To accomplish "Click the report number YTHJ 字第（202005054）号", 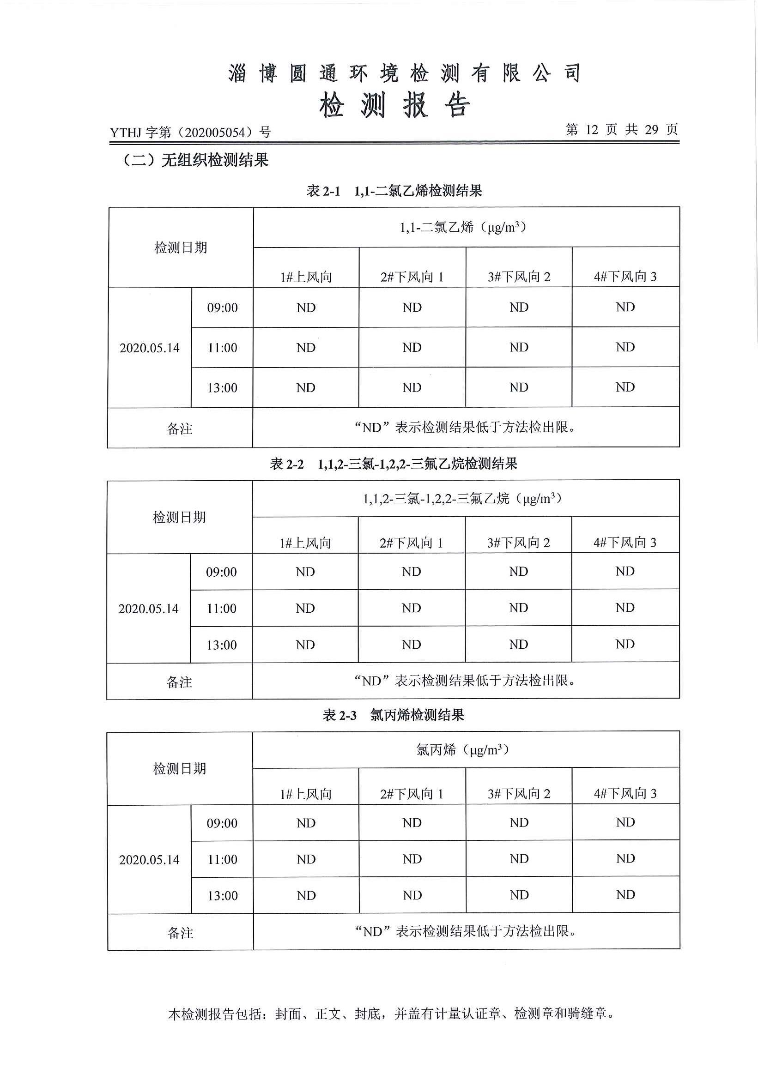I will [190, 133].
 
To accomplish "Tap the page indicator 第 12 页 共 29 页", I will [621, 129].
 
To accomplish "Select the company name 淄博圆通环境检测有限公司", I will [405, 73].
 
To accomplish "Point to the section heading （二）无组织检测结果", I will [196, 160].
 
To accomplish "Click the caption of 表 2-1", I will [394, 191].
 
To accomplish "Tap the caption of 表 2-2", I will [393, 464].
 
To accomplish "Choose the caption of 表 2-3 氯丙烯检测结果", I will [393, 715].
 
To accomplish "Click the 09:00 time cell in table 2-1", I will [222, 308].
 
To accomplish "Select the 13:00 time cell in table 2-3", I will [223, 896].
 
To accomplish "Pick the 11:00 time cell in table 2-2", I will [222, 608].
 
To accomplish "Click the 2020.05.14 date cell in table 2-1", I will [150, 348].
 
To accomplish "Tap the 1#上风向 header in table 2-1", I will [306, 277].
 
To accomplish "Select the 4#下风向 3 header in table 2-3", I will [625, 794].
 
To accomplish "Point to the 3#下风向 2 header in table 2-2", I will [518, 543].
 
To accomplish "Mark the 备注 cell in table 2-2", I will [179, 682].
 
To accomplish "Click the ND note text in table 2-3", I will [466, 931].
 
